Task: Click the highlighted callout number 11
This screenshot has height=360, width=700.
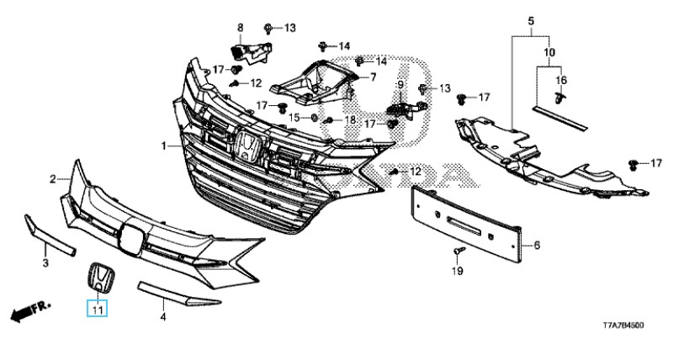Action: (x=98, y=311)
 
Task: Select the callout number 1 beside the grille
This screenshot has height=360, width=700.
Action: (x=166, y=146)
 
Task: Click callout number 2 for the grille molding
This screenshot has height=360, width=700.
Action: (x=53, y=179)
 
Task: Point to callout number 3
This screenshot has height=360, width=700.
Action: (x=45, y=263)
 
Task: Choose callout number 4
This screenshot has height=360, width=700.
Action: (x=164, y=319)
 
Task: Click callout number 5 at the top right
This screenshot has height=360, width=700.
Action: (x=531, y=19)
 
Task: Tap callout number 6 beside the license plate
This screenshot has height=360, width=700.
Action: (x=536, y=246)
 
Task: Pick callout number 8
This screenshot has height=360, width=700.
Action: (x=239, y=28)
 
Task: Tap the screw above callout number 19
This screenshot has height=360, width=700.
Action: (x=457, y=251)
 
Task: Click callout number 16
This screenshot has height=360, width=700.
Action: (x=562, y=80)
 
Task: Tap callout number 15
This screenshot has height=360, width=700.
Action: (x=295, y=117)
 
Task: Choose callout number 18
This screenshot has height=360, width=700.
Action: (x=350, y=121)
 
